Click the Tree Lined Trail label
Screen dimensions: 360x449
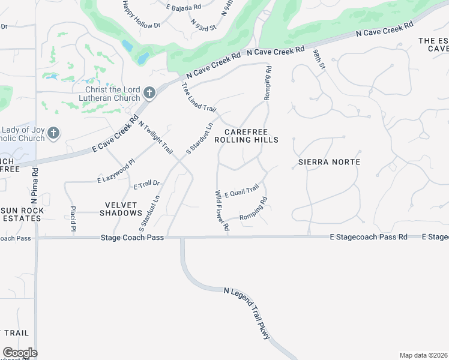click(x=198, y=97)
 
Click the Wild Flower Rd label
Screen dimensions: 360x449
click(x=222, y=211)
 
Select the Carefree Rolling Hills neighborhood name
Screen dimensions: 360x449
click(x=251, y=136)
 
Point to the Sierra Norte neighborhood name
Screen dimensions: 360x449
click(x=330, y=162)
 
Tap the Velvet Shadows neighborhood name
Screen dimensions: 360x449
click(x=121, y=208)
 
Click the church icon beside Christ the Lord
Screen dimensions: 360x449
click(x=149, y=94)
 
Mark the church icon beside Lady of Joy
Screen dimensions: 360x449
click(x=53, y=133)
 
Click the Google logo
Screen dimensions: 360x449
click(x=20, y=353)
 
